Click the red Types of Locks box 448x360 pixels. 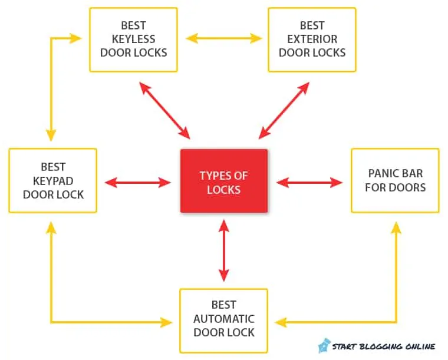(x=223, y=181)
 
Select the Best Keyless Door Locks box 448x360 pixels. (x=133, y=39)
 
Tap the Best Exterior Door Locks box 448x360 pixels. (x=312, y=39)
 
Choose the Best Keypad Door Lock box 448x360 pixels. (x=52, y=180)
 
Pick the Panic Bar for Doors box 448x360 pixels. (x=395, y=180)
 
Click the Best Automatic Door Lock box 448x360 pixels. (x=223, y=319)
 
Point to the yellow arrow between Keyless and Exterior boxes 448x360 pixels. (x=223, y=39)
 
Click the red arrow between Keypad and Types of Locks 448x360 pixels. (x=138, y=183)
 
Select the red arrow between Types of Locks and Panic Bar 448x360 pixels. (x=309, y=183)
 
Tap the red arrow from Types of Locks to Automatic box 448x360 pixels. (x=223, y=250)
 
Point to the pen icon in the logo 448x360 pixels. (x=324, y=345)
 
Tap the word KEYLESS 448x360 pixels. (x=133, y=39)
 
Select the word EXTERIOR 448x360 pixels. (x=312, y=39)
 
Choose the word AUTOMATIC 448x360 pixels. (x=224, y=319)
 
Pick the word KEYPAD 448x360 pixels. (x=53, y=180)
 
